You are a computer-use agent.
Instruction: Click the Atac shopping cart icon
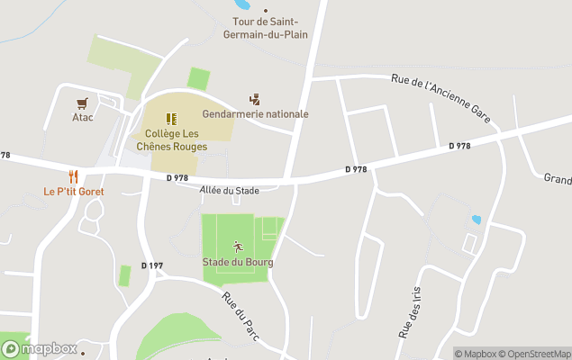[83, 103]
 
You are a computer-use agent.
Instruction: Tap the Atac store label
[83, 117]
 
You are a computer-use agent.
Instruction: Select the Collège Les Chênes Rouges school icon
[171, 118]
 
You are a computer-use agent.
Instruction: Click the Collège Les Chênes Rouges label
[171, 139]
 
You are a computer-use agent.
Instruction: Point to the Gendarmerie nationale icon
[255, 100]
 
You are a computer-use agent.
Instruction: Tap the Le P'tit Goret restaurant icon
[74, 177]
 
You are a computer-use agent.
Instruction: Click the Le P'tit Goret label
[74, 192]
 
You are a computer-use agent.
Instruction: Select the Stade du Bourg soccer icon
[238, 247]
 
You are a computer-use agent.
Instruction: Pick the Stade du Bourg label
[238, 262]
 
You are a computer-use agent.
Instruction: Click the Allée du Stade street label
[229, 190]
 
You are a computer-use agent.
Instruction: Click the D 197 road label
[152, 265]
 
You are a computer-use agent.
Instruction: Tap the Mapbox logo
[40, 348]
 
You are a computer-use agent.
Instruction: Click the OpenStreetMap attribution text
[537, 354]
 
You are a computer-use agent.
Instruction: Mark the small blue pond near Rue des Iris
[476, 219]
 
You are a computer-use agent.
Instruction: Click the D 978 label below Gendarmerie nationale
[356, 169]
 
